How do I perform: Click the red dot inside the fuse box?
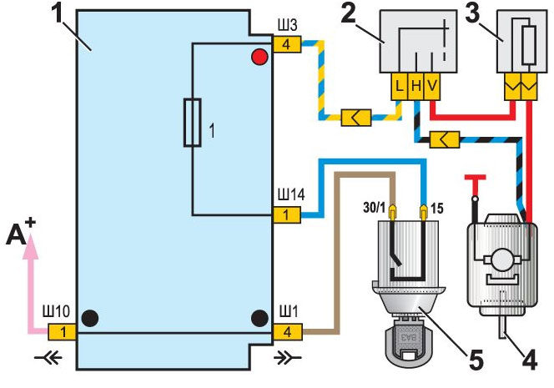(x=259, y=57)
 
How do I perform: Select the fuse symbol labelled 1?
(x=193, y=123)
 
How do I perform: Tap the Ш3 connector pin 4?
(x=287, y=44)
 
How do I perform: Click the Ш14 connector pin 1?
(x=287, y=214)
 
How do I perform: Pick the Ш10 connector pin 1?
(x=63, y=332)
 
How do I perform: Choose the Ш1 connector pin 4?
(x=288, y=332)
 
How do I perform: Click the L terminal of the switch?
(x=400, y=86)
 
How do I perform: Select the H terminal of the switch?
(x=415, y=86)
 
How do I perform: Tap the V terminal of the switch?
(x=432, y=86)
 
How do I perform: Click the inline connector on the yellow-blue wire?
(x=356, y=118)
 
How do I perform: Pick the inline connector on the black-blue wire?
(x=445, y=139)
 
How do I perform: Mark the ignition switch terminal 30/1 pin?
(x=392, y=213)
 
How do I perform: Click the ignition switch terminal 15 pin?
(x=424, y=213)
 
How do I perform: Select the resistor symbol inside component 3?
(x=529, y=45)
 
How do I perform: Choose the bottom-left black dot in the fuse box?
(x=90, y=318)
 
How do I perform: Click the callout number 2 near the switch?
(x=349, y=15)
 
